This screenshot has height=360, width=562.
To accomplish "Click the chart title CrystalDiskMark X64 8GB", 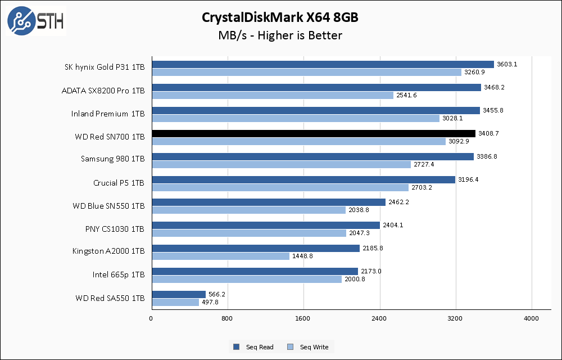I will point(280,17).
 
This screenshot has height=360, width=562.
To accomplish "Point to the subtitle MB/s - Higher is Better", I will point(280,35).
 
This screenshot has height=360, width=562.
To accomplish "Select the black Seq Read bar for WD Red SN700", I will point(314,133).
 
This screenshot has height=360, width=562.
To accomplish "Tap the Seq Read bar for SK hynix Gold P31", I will point(323,64).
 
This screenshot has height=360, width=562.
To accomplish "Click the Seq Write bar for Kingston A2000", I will point(220,256).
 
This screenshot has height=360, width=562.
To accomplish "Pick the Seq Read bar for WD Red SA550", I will point(179,294).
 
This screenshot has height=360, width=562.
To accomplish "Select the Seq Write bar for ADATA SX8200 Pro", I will point(273,95).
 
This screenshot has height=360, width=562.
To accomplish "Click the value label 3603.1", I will point(507,64).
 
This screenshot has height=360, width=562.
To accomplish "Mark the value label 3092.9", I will point(460,141).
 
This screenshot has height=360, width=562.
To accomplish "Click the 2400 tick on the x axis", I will point(379,319).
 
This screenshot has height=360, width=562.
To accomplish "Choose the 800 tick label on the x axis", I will point(227,319).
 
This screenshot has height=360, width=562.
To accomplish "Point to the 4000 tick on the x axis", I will point(531,319).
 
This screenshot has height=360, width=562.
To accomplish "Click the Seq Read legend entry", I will point(253,347).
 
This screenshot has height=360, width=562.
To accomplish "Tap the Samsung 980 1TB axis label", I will point(112,159).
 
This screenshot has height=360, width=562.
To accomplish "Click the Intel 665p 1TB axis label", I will point(119,274).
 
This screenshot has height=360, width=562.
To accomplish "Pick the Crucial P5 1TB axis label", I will point(119,183).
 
